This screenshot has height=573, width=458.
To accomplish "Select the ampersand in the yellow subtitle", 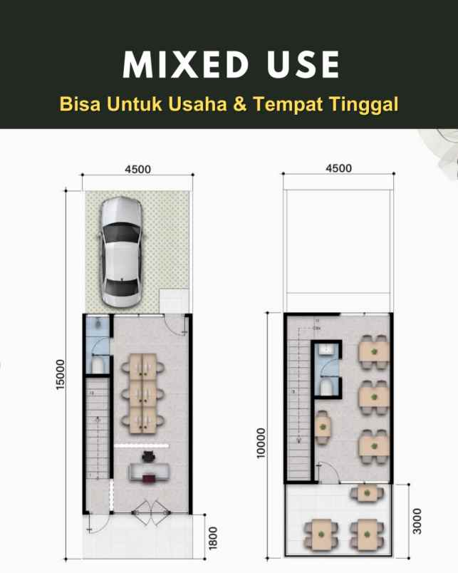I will [240, 104].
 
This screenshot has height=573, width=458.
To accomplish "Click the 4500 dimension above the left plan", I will [137, 169].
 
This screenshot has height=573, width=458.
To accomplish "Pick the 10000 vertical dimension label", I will [261, 444].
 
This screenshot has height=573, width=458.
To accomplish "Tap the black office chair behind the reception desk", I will [149, 457].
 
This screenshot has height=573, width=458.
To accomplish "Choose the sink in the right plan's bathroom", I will [326, 351].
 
